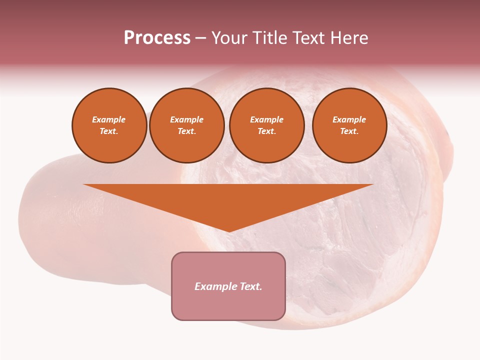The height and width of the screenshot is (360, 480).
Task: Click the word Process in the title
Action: coord(157,38)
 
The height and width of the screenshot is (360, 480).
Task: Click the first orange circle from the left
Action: coord(109,125)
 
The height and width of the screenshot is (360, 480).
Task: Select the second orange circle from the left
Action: coord(187,125)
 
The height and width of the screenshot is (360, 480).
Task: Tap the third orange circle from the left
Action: coord(267,125)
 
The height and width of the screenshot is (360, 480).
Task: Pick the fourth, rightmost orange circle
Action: coord(349,125)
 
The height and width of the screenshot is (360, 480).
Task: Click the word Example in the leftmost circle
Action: coord(109,119)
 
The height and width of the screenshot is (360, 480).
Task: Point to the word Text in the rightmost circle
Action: coord(349,131)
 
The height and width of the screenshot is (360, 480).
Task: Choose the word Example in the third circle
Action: coord(266,119)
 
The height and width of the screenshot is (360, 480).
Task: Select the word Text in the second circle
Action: coord(186,131)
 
